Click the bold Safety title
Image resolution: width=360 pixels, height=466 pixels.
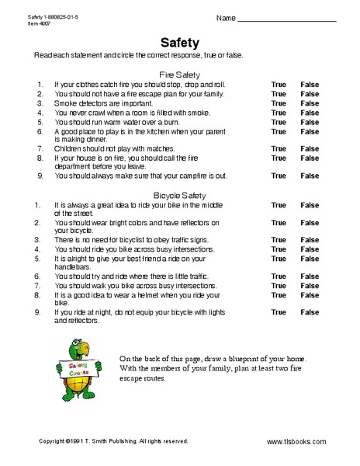pos(180,43)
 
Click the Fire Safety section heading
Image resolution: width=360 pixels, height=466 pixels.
pos(179,74)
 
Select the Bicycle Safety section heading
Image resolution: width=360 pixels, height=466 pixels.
pos(179,195)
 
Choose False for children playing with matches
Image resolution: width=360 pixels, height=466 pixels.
pos(310,148)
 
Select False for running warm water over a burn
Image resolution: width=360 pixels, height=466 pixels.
pos(310,122)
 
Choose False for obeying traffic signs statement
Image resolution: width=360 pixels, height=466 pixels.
pos(310,240)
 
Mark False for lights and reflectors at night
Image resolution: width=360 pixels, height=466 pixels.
pos(310,312)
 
